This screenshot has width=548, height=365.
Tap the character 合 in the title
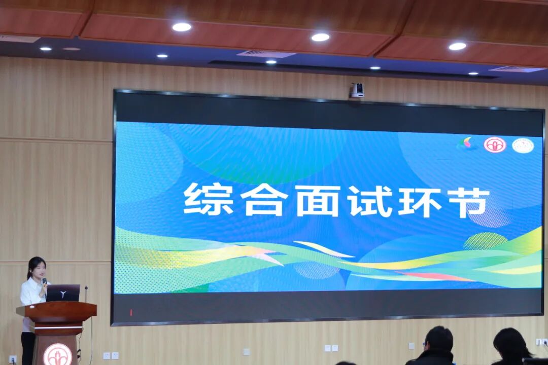(264, 200)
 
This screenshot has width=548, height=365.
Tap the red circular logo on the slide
(495, 145)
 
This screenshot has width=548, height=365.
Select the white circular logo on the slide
(522, 145)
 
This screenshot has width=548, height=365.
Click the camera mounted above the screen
(357, 90)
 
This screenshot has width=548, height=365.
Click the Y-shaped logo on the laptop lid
(63, 294)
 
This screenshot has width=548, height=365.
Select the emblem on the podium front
(57, 354)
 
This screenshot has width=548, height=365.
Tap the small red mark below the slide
(130, 312)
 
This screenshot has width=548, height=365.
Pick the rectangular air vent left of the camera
(265, 54)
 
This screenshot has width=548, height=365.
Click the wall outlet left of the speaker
(13, 358)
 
